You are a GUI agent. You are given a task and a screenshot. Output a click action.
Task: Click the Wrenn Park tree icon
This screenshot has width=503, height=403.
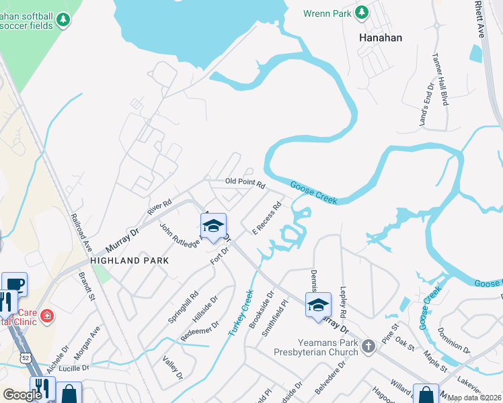(362, 12)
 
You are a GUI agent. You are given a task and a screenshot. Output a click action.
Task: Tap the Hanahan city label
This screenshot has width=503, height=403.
(381, 38)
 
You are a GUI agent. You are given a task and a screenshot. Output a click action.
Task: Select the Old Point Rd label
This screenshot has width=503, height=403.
(245, 182)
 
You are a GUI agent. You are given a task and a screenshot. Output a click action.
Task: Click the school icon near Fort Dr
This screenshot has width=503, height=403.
(213, 226)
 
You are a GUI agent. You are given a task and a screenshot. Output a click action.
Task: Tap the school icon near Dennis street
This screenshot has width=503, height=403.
(318, 304)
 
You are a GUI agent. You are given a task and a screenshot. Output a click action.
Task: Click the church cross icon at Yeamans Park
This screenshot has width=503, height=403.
(367, 347)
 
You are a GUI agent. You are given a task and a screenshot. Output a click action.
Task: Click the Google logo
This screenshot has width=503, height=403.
(22, 394)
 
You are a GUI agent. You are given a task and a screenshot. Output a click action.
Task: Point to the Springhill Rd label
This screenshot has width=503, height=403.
(183, 307)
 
